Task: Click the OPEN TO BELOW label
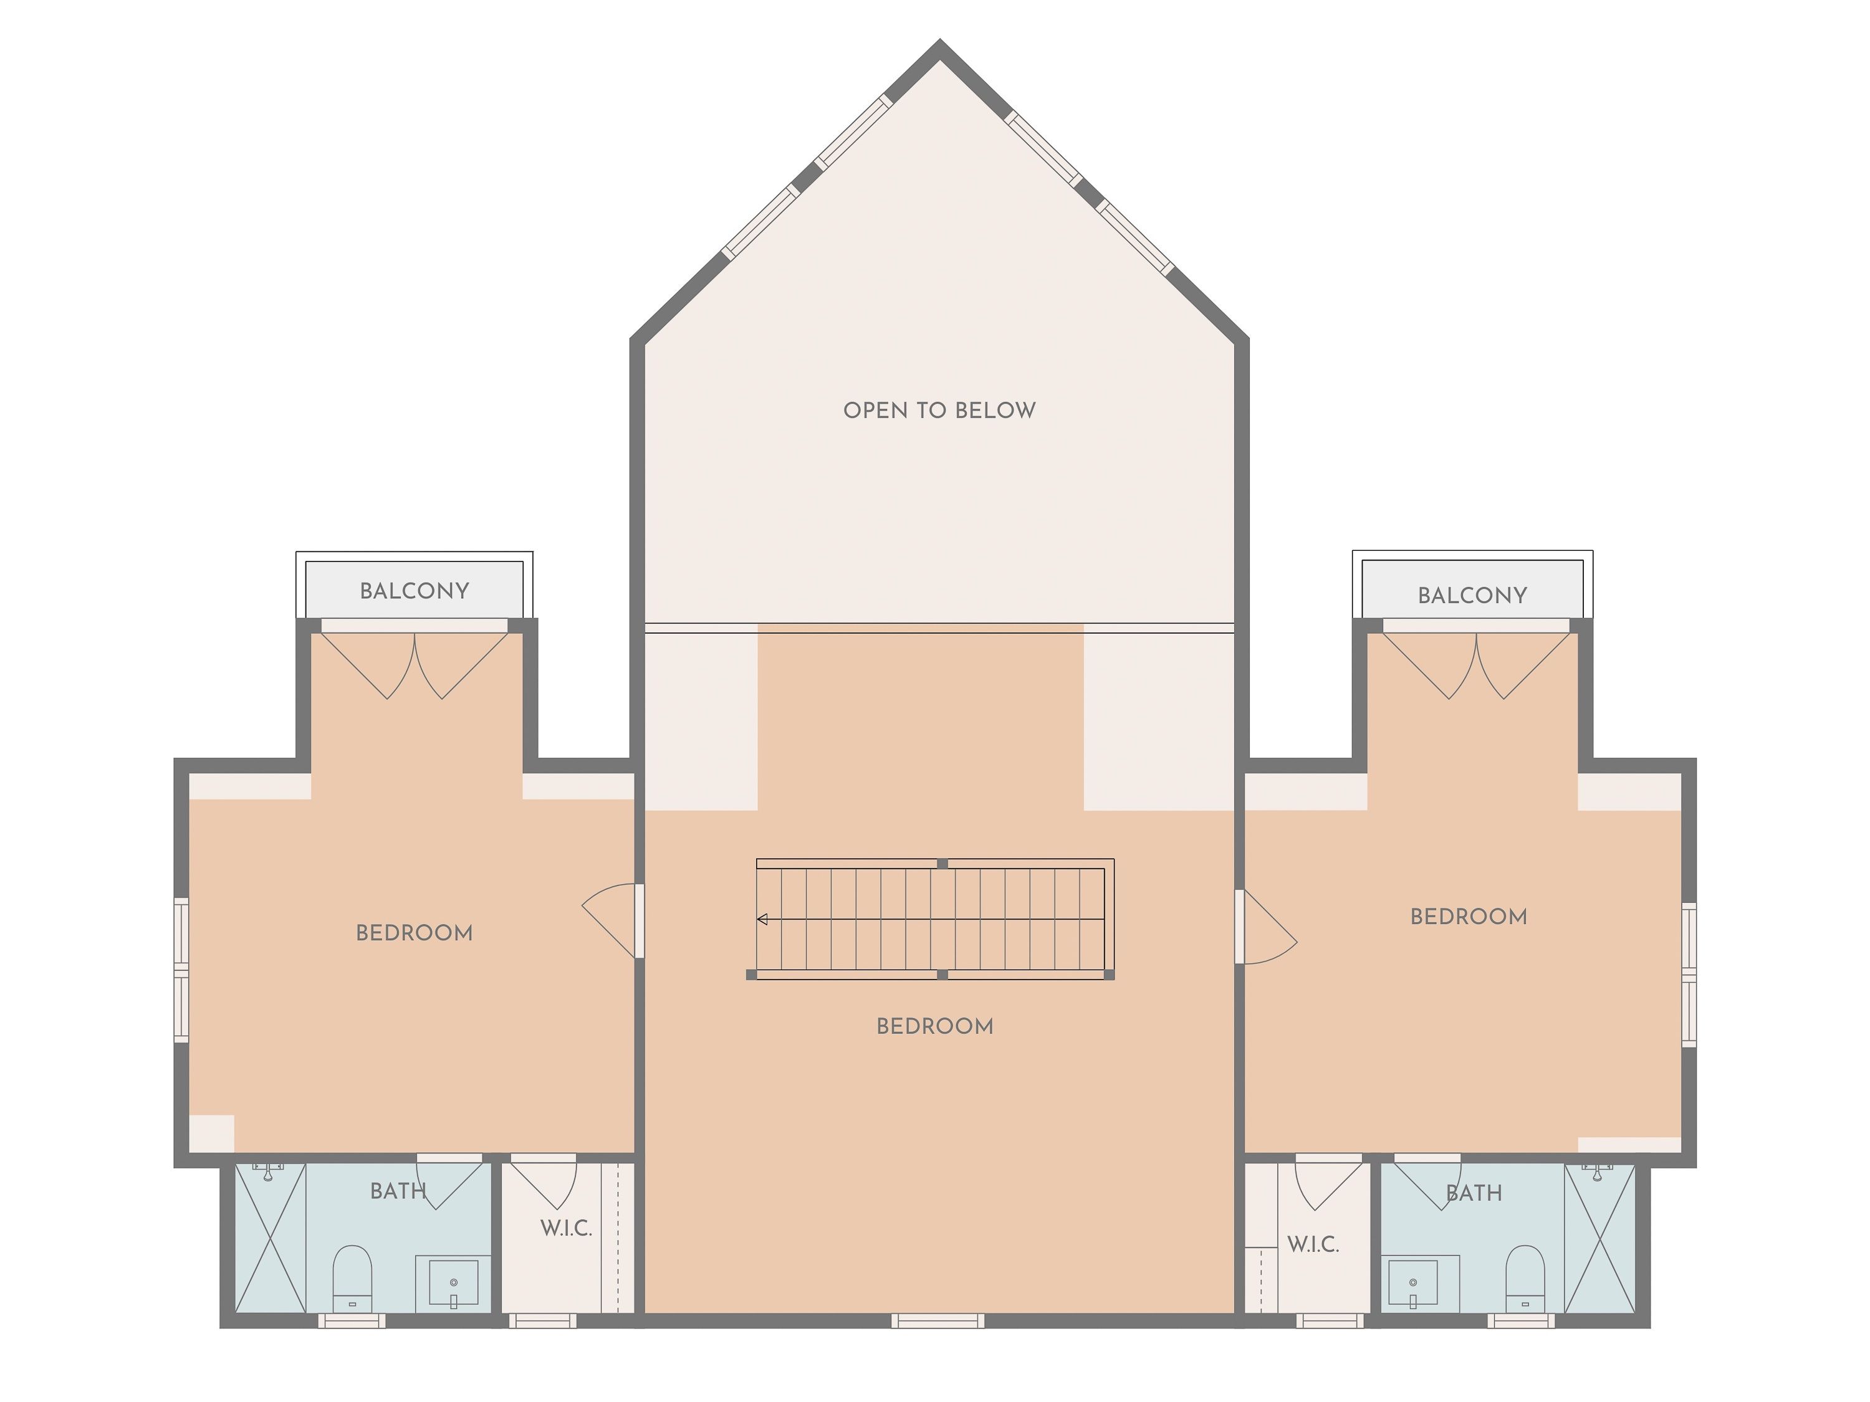coord(939,411)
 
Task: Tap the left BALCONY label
coord(415,591)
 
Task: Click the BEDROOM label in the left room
coord(415,933)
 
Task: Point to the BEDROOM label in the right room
coord(1469,917)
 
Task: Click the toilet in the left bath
coord(352,1279)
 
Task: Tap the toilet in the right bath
coord(1525,1279)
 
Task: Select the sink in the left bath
coord(453,1284)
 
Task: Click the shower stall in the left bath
coord(271,1238)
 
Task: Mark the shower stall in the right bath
coord(1599,1238)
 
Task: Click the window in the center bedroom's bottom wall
coord(937,1321)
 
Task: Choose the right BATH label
coord(1474,1193)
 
